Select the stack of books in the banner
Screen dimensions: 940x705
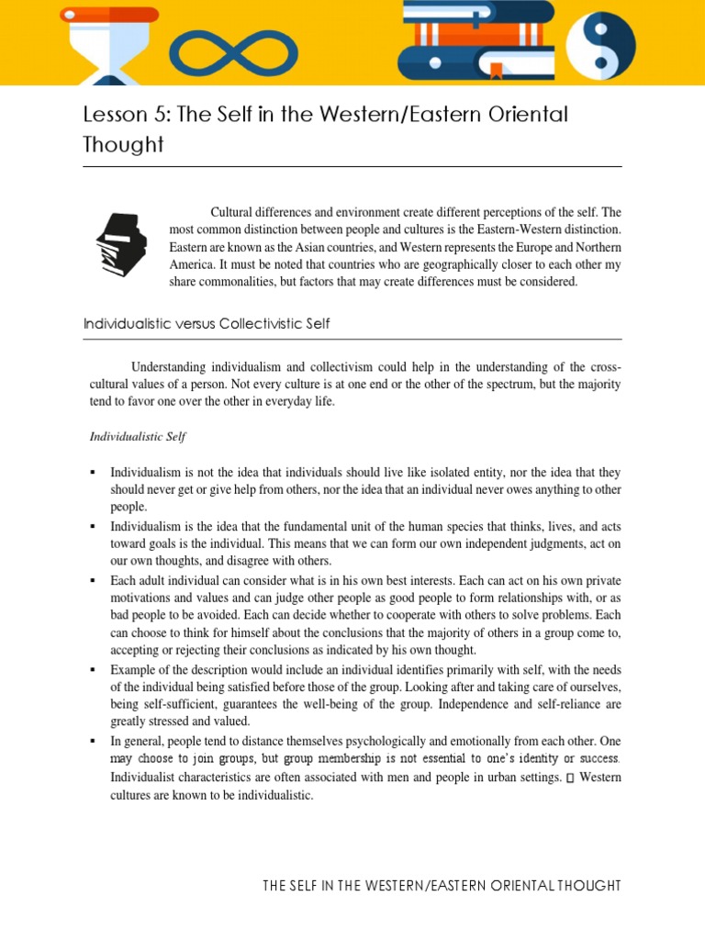point(476,42)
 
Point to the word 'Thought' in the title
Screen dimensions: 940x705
point(123,144)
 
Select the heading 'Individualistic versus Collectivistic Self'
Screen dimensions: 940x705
point(207,324)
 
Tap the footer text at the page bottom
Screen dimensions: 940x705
point(442,886)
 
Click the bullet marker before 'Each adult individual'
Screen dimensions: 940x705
point(93,581)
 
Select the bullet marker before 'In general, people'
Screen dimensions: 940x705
point(93,741)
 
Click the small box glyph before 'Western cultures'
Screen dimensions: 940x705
point(570,778)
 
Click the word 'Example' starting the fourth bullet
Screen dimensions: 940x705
point(133,669)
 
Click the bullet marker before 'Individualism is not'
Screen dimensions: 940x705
point(93,472)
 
